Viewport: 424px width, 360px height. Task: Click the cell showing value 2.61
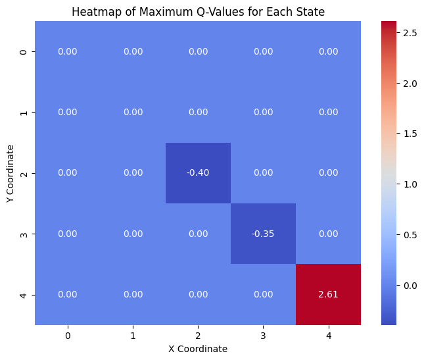pos(328,294)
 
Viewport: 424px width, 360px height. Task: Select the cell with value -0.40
pos(198,173)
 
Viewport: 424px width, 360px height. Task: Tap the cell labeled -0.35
pos(263,234)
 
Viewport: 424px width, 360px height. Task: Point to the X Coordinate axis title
pos(198,349)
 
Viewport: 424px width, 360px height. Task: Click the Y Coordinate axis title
pos(11,173)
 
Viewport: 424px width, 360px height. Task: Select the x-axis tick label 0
pos(68,336)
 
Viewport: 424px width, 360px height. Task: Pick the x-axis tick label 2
pos(198,336)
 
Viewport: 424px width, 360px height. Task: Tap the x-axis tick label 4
pos(328,336)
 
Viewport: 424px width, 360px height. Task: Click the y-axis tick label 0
pos(24,52)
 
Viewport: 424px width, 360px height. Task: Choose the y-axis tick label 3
pos(24,234)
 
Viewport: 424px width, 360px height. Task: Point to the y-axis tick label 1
pos(24,113)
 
